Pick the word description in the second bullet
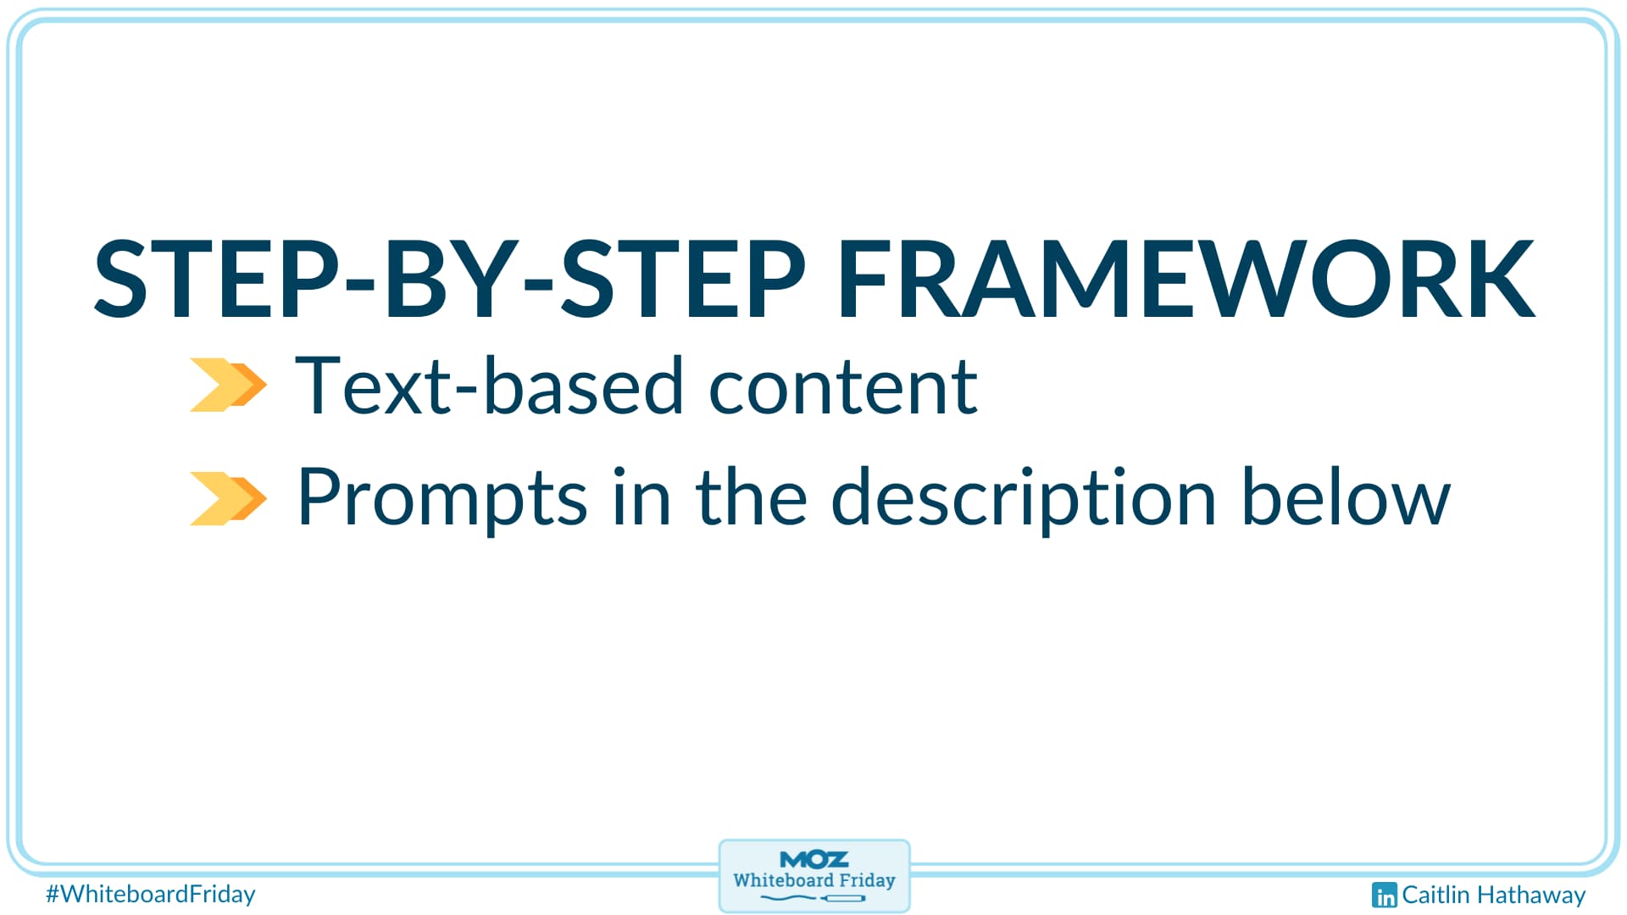click(1023, 499)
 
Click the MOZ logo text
click(813, 859)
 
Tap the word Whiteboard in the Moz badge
click(783, 880)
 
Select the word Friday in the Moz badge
click(867, 881)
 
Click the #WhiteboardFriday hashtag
click(151, 894)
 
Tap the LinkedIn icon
click(1384, 895)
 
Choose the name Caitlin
click(1435, 895)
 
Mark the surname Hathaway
click(1530, 896)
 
